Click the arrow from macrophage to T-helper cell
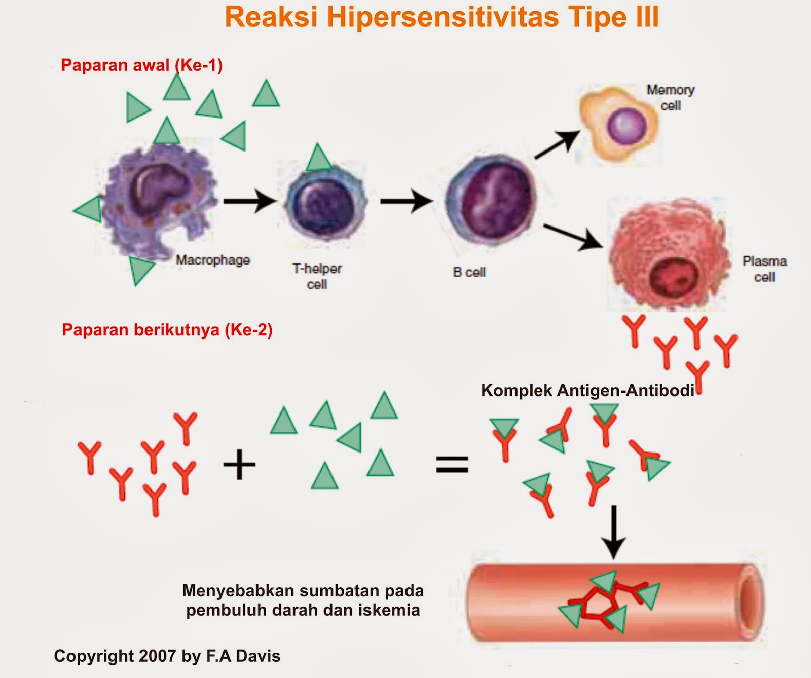click(249, 201)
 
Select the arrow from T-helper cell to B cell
click(406, 201)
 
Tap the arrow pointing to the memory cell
click(557, 144)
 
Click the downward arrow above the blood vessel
click(614, 532)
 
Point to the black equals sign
click(452, 464)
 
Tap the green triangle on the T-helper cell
click(318, 158)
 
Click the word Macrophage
click(213, 260)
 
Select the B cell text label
click(469, 273)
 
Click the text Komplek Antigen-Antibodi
click(587, 390)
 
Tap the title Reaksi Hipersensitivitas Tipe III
click(441, 17)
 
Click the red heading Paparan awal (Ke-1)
click(141, 65)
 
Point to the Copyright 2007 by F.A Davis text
click(167, 656)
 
